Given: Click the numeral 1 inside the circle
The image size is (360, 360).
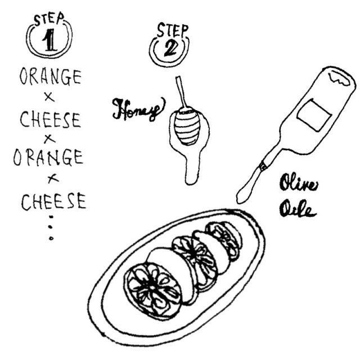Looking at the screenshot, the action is coord(49,40).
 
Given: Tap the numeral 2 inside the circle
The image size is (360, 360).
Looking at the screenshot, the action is coord(170,49).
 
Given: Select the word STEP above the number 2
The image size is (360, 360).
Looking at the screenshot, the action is coord(173,30).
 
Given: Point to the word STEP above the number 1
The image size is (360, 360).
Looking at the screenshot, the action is coord(49,19).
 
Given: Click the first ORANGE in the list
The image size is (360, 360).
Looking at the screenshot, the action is coord(51,77).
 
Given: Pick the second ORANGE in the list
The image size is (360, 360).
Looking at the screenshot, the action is coord(48,157).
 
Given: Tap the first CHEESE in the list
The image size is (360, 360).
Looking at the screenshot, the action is coord(51,119).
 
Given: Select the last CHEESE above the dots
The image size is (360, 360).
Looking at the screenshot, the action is coord(54,201).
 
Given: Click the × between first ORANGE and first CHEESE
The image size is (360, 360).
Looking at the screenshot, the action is coord(49,97).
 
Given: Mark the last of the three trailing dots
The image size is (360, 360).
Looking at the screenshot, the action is coord(51,238).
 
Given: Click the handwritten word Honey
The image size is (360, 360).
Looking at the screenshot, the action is coord(138,110).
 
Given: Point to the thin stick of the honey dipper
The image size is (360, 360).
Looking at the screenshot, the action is coord(181,92).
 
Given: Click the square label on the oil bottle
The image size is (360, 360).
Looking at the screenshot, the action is coord(314,115).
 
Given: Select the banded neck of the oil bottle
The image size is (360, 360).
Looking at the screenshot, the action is coord(263,166).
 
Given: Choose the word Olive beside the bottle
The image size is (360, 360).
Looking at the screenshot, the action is coord(299,182).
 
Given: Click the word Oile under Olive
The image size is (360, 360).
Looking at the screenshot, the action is coord(298,209).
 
